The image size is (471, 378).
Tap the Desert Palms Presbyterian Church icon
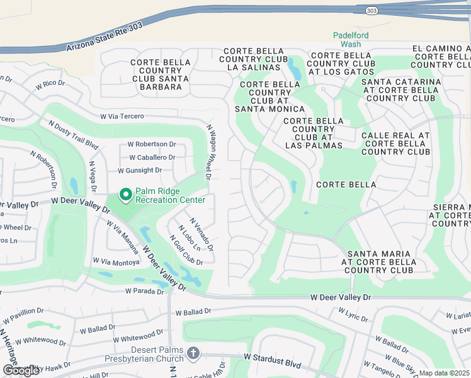(193, 353)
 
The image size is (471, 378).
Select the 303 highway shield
(371, 9)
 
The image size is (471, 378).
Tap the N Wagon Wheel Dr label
(209, 151)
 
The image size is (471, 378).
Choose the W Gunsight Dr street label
(140, 170)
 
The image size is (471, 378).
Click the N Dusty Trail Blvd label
(70, 137)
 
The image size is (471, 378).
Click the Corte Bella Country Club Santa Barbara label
(160, 74)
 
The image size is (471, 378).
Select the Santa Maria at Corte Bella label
(377, 262)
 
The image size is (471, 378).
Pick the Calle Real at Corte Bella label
(395, 144)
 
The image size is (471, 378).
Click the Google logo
(21, 370)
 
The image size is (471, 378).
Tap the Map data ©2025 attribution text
(445, 373)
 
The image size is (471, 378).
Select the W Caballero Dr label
(152, 157)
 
